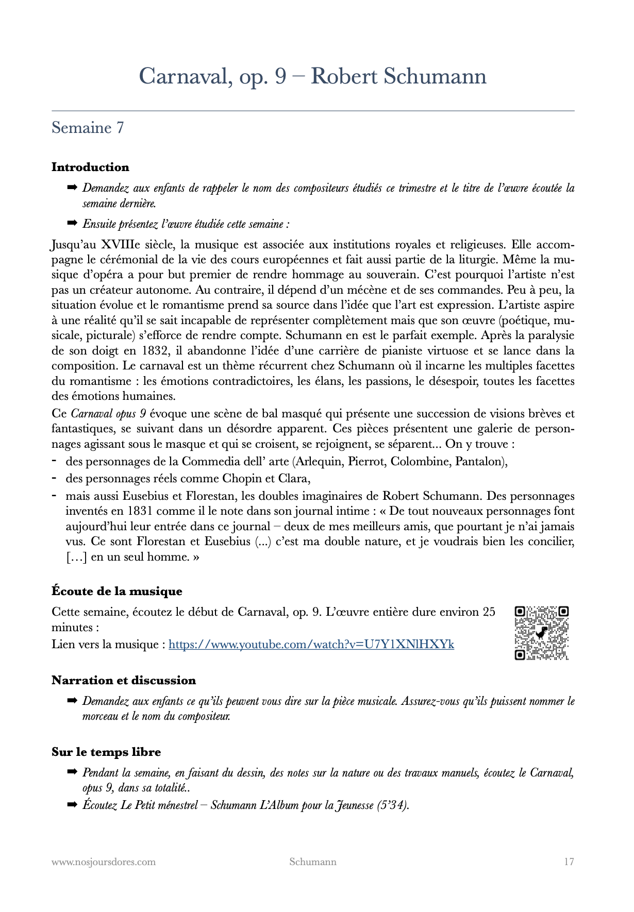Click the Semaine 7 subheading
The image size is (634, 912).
pos(88,128)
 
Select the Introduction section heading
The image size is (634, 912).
pos(90,167)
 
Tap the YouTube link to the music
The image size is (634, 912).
pos(311,644)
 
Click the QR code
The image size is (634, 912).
pos(541,633)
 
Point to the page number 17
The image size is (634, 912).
pos(569,862)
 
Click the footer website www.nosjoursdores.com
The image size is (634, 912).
pos(104,862)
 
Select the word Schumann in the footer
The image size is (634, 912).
pos(313,862)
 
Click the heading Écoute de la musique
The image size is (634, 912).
pos(117,591)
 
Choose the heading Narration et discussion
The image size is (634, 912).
pos(124,680)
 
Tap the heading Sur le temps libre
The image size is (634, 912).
pos(106,752)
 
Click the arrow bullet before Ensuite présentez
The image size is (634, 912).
pos(72,224)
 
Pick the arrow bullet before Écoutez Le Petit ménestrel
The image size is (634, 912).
pos(72,804)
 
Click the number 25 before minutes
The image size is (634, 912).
pos(489,612)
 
